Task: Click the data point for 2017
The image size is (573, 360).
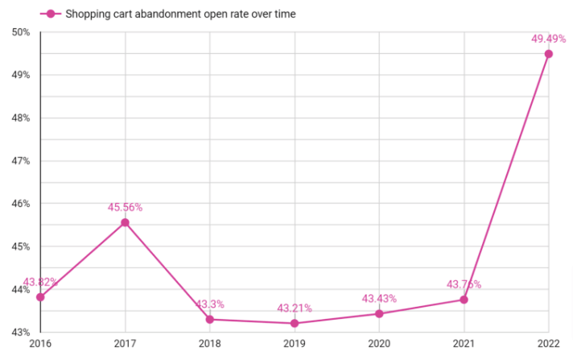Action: coord(125,222)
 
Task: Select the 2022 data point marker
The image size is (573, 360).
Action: coord(548,54)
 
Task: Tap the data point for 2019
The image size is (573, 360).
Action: coord(295,323)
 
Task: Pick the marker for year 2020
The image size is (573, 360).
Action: coord(379,313)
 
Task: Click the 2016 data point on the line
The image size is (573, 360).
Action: coord(40,296)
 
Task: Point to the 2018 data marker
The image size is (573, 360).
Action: coord(209,319)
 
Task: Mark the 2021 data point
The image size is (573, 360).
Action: coord(464,300)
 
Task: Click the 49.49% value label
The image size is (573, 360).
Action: coord(548,39)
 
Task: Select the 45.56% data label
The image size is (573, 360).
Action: coord(125,207)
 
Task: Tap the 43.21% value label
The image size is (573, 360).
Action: coord(295,308)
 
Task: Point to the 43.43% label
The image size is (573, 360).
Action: coord(379,298)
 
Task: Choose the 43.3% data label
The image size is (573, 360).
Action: coord(209,304)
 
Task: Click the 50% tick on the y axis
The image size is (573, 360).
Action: coord(21,32)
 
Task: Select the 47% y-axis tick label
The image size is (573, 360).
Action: coord(21,160)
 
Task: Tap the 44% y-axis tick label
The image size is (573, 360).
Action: coord(21,289)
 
